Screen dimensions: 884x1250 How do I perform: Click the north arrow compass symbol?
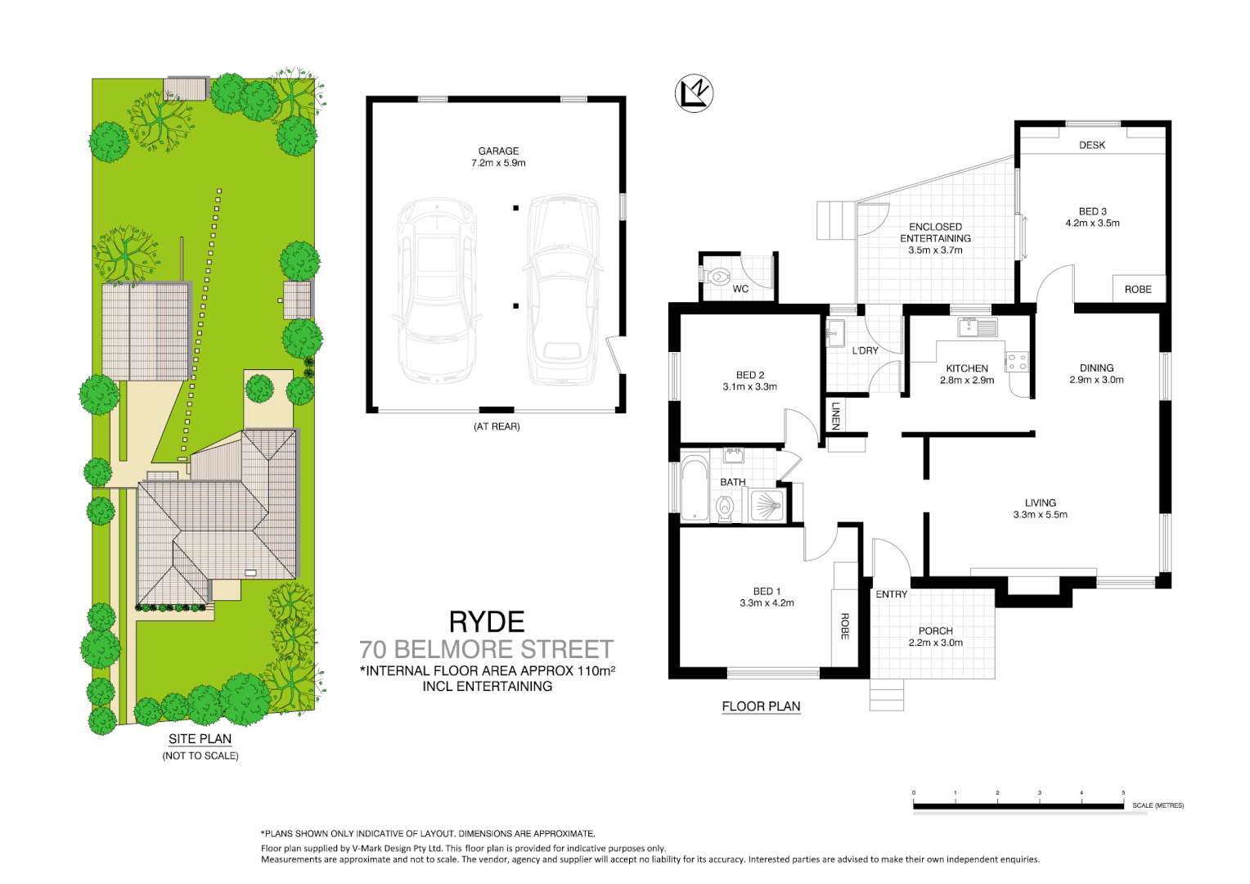click(694, 92)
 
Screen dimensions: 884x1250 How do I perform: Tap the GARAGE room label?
click(498, 151)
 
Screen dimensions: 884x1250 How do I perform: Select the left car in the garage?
click(436, 291)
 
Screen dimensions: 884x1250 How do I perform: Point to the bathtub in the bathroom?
click(695, 489)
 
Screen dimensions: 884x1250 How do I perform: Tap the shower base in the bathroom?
click(767, 506)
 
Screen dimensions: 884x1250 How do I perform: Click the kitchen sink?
click(978, 327)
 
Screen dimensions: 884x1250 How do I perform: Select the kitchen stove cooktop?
click(1017, 361)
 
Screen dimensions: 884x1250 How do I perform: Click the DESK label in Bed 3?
click(1091, 145)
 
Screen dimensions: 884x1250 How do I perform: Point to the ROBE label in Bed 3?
click(1137, 289)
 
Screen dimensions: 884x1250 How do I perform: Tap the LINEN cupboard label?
click(835, 415)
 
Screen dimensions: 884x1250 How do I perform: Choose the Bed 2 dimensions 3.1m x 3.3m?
click(749, 387)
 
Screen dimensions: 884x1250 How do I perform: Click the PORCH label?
click(935, 631)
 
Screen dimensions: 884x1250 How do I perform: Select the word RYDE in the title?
click(487, 622)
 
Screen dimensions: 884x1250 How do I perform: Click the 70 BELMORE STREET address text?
click(486, 650)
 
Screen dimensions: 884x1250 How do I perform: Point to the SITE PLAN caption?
click(200, 738)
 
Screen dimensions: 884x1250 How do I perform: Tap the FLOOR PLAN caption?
click(761, 706)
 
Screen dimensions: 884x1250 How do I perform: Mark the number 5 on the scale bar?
click(1123, 793)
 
